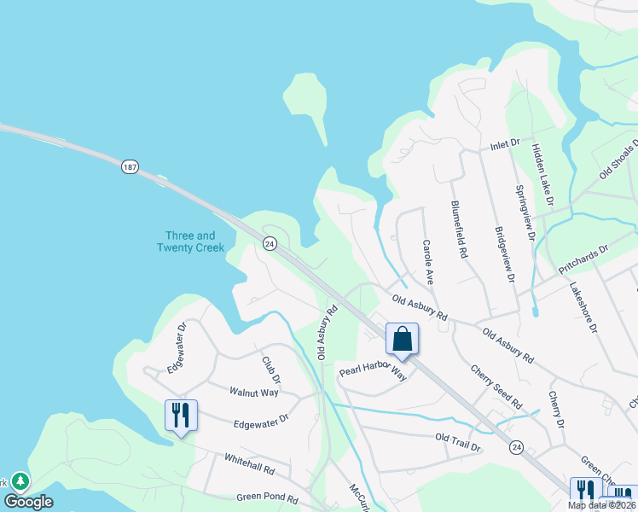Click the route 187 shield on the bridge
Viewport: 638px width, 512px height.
coord(129,166)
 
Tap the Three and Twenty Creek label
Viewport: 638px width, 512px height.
coord(190,241)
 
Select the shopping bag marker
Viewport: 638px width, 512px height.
coord(403,339)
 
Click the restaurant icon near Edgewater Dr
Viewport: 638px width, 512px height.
coord(181,416)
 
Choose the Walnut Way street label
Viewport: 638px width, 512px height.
coord(254,392)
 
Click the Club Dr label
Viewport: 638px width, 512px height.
coord(271,369)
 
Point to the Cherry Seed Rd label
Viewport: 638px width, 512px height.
coord(496,387)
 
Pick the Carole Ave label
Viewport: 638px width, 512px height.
coord(428,261)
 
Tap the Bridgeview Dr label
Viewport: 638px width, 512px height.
coord(505,254)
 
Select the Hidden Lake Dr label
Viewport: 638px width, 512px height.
coord(543,175)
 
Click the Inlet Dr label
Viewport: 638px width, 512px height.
coord(504,146)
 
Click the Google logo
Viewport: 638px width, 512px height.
coord(28,502)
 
